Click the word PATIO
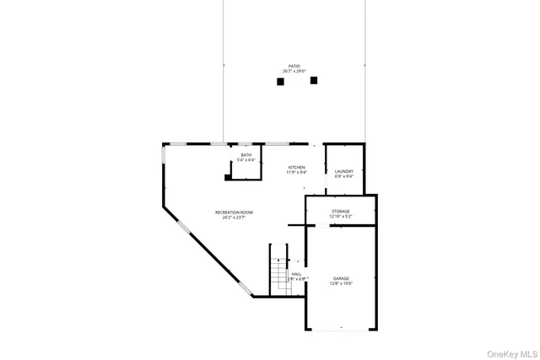[x=294, y=66]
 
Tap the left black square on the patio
[x=280, y=82]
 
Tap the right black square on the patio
[x=314, y=81]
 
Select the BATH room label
[x=246, y=155]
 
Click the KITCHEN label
[x=296, y=167]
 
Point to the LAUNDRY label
[x=343, y=171]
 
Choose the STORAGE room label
[x=340, y=211]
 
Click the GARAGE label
[x=341, y=278]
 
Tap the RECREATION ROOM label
[x=234, y=212]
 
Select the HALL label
[x=296, y=274]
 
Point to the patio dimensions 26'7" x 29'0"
[x=294, y=72]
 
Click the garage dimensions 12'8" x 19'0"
[x=341, y=284]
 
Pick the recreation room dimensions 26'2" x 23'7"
[x=234, y=218]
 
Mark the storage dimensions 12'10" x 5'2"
[x=340, y=217]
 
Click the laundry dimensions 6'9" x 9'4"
[x=343, y=177]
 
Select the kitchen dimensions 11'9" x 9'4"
[x=296, y=173]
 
